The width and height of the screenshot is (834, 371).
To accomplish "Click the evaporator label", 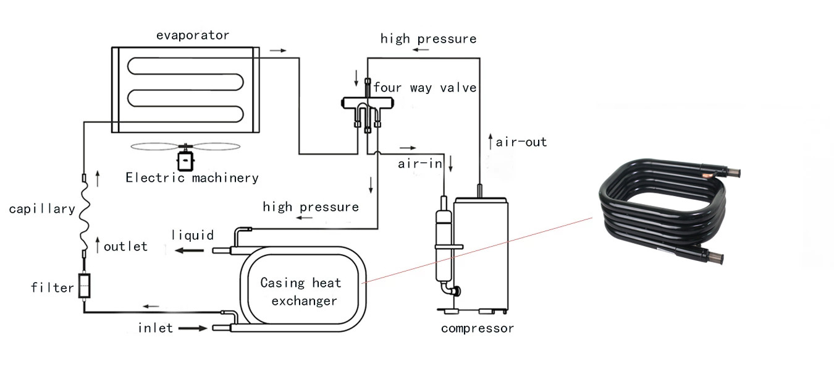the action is click(193, 35).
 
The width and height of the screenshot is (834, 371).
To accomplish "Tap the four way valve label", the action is click(425, 88).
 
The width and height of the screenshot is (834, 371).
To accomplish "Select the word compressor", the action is click(478, 328).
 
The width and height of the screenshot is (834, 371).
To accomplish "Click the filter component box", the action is click(84, 286).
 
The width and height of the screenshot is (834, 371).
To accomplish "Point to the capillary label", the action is click(42, 208).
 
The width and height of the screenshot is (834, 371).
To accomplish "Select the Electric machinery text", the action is click(192, 177).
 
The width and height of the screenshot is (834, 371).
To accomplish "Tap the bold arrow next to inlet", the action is click(193, 328).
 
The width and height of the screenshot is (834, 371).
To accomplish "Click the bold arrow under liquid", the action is click(189, 250).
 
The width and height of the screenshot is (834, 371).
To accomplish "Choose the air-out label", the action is click(521, 142).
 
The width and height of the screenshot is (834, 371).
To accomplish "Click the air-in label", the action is click(420, 163).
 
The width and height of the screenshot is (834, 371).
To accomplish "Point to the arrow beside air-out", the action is click(491, 142).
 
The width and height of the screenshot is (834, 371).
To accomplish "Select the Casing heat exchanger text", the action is click(301, 292).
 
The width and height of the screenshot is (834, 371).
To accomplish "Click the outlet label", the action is click(125, 247).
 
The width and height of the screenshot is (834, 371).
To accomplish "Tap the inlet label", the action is click(155, 328).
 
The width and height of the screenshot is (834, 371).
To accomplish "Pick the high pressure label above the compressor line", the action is click(428, 39).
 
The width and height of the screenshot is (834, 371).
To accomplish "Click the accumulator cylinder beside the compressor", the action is click(444, 246).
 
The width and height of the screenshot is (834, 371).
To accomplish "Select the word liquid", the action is click(193, 235).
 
